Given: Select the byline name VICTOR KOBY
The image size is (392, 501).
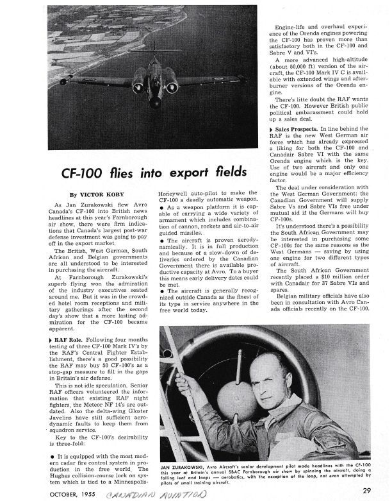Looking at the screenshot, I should (101, 194).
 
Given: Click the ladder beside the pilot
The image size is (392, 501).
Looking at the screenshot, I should (190, 398).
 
